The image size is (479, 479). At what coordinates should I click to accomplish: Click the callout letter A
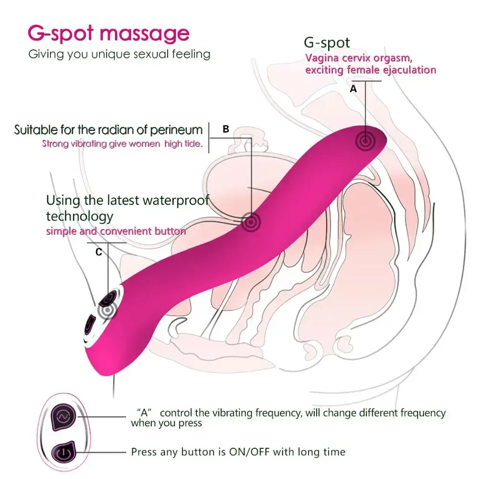click(x=354, y=89)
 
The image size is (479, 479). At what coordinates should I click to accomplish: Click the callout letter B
click(x=226, y=129)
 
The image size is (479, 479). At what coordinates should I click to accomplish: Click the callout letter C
click(x=99, y=252)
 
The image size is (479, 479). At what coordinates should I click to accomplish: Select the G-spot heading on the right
click(x=327, y=43)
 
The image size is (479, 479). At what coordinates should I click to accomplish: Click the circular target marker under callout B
click(x=250, y=222)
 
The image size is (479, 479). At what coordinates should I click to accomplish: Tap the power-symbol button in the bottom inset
click(x=62, y=452)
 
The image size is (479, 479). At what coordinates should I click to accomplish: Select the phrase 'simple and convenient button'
click(x=116, y=231)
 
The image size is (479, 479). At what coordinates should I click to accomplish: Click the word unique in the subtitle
click(x=100, y=54)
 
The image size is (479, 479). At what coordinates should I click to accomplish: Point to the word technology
click(x=80, y=216)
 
